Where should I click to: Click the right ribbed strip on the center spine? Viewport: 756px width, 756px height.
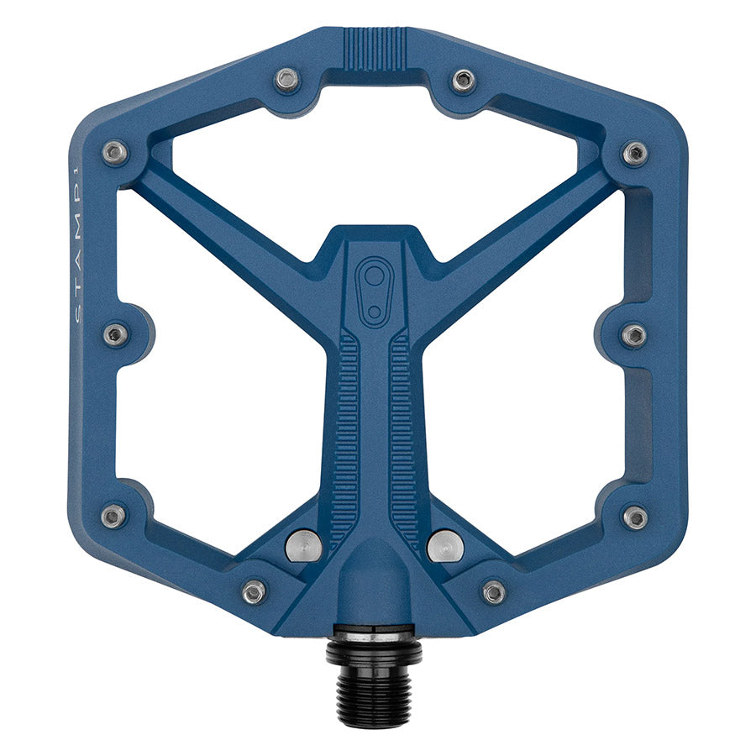pyautogui.click(x=404, y=437)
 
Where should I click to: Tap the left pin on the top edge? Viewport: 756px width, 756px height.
pyautogui.click(x=287, y=81)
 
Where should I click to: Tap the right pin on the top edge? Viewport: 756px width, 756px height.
pyautogui.click(x=463, y=81)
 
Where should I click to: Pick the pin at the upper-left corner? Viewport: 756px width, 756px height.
pyautogui.click(x=114, y=153)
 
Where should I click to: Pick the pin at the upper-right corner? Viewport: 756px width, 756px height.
pyautogui.click(x=634, y=153)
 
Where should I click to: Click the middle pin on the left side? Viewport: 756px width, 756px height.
pyautogui.click(x=116, y=334)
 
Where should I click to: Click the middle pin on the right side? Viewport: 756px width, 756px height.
pyautogui.click(x=633, y=335)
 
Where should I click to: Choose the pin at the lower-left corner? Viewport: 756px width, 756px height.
pyautogui.click(x=113, y=516)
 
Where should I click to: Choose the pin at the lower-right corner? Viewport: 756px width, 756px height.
pyautogui.click(x=635, y=517)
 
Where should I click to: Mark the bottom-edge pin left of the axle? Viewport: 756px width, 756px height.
pyautogui.click(x=255, y=591)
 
